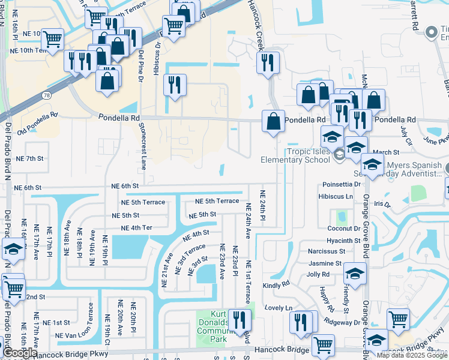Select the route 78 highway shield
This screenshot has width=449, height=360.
(x=47, y=95)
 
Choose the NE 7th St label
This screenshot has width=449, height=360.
(x=30, y=158)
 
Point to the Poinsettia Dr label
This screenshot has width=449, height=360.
(x=339, y=184)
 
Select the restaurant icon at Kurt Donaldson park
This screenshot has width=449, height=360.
(x=240, y=319)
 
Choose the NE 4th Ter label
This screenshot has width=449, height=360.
(x=137, y=228)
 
